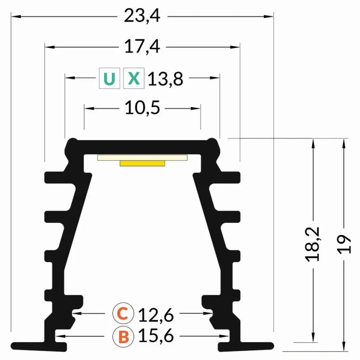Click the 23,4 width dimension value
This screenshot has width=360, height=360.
click(x=142, y=16)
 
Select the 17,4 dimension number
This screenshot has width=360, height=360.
click(x=142, y=47)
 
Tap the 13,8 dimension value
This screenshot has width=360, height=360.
click(x=166, y=79)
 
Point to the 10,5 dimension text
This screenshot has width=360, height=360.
click(x=142, y=108)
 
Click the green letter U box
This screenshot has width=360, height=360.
click(x=110, y=78)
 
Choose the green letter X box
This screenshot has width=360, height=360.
click(x=134, y=78)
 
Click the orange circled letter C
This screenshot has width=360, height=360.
click(x=123, y=313)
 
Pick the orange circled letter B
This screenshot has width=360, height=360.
click(x=123, y=337)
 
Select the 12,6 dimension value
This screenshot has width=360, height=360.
click(x=156, y=315)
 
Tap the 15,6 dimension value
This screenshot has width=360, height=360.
click(x=156, y=336)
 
